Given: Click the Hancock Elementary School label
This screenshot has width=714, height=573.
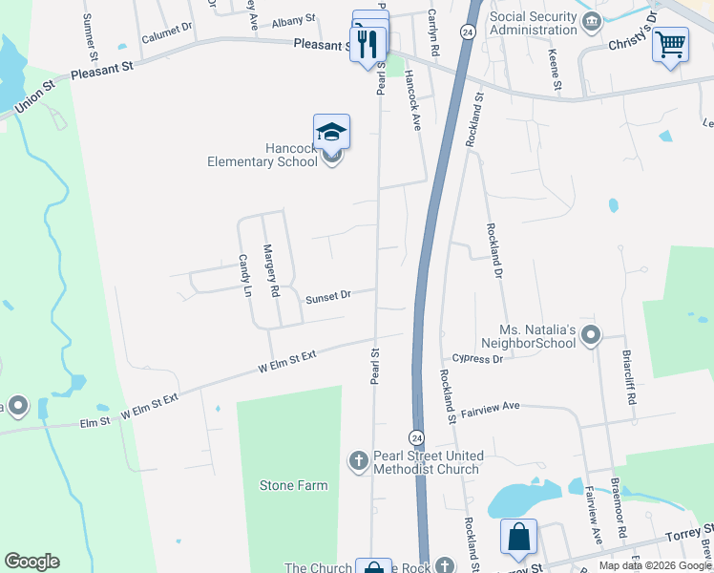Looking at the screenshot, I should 262,155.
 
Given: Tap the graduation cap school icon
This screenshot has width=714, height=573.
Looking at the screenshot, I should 331,132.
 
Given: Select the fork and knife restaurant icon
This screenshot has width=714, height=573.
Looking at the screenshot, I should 367,43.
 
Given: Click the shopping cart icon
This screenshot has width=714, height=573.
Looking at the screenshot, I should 671,44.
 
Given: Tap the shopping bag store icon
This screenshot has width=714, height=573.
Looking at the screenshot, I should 517,537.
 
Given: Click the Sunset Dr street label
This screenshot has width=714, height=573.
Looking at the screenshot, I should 328,298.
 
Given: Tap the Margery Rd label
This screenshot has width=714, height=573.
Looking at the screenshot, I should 271,268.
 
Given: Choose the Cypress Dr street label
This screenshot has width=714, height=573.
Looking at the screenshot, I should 477,359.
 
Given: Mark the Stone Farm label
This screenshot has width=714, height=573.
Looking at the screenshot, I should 293,485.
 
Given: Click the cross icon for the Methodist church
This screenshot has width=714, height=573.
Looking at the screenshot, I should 359,462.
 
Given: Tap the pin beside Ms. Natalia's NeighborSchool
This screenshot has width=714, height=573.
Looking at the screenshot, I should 591,334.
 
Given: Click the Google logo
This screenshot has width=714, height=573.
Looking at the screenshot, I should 31,562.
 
